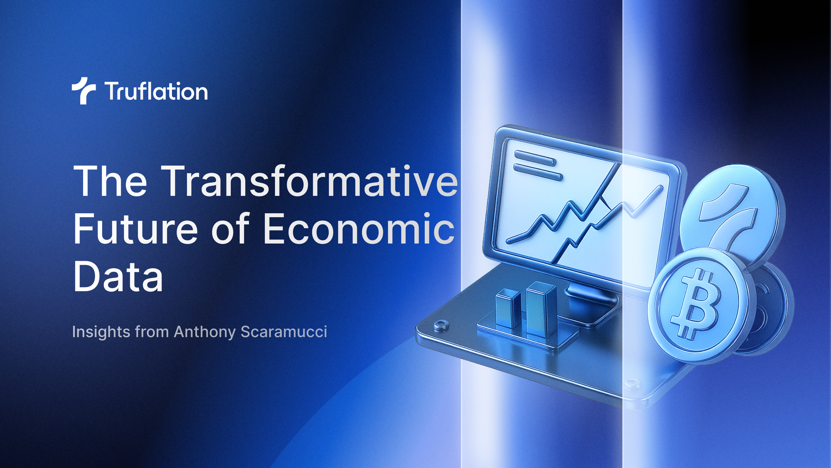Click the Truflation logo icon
84,90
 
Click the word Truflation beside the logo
156,91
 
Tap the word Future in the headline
135,229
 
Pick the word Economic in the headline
359,229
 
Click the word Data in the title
118,277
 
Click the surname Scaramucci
284,332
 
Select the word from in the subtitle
152,332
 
